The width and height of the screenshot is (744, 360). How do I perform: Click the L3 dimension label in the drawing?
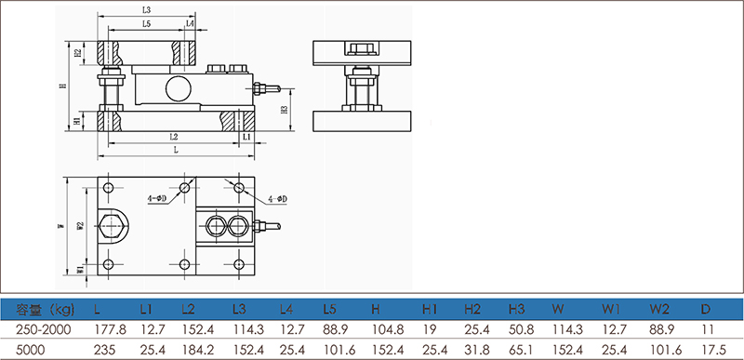coord(146,10)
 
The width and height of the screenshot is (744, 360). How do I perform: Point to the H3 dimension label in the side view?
coord(285,110)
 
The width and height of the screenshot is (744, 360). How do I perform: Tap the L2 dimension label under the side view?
coord(174,137)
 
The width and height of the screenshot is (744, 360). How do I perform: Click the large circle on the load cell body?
coord(177,88)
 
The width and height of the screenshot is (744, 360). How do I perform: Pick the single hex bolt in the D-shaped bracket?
coord(113,227)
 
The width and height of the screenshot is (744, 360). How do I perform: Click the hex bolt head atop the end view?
coord(362,48)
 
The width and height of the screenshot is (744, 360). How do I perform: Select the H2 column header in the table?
coord(472,310)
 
